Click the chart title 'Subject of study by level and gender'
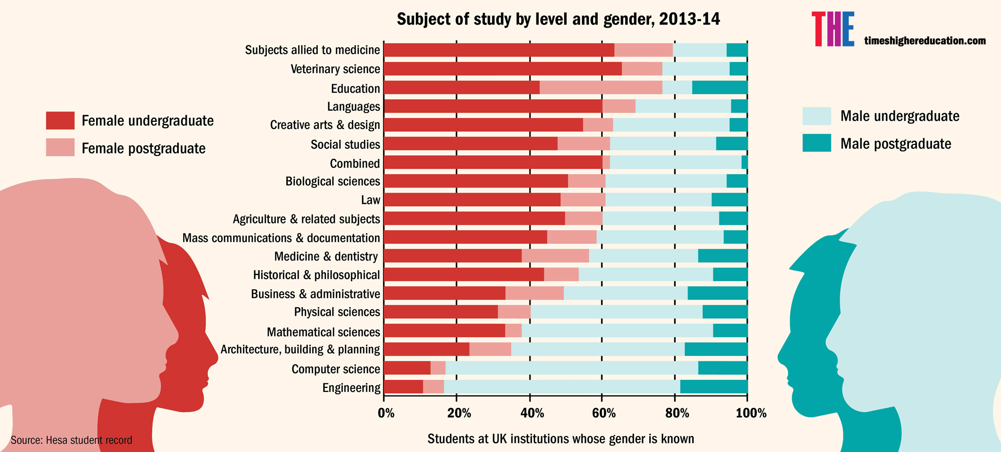pyautogui.click(x=558, y=19)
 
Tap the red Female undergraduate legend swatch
pyautogui.click(x=60, y=121)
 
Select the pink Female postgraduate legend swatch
pyautogui.click(x=60, y=148)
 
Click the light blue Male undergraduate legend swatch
pyautogui.click(x=816, y=116)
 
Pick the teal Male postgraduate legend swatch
pyautogui.click(x=816, y=143)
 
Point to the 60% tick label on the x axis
pyautogui.click(x=604, y=413)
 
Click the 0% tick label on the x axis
pyautogui.click(x=386, y=413)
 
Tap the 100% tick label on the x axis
pyautogui.click(x=751, y=413)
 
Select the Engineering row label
pyautogui.click(x=351, y=388)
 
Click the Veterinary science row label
pyautogui.click(x=335, y=69)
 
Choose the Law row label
pyautogui.click(x=370, y=200)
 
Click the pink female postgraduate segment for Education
pyautogui.click(x=601, y=87)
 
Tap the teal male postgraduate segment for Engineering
pyautogui.click(x=714, y=387)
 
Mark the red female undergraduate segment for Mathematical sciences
pyautogui.click(x=444, y=331)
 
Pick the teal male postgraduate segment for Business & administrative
pyautogui.click(x=717, y=294)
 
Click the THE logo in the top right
pyautogui.click(x=833, y=30)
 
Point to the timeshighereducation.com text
pyautogui.click(x=925, y=41)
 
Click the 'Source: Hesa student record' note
pyautogui.click(x=72, y=440)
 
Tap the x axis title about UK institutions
pyautogui.click(x=561, y=439)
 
